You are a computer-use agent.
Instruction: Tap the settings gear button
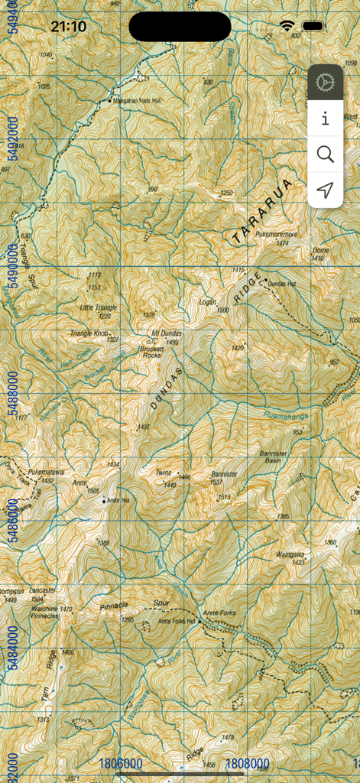coord(326,82)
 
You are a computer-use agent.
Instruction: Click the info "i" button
coord(326,119)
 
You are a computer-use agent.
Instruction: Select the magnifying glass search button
coord(326,154)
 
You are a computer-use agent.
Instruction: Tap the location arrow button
coord(326,190)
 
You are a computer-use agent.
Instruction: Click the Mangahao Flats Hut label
coord(137,100)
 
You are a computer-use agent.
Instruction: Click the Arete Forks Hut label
coord(177,621)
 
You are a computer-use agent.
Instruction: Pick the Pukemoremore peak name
coord(276,235)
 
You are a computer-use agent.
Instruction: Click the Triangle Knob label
coord(89,333)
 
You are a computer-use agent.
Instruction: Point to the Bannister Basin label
coord(273,457)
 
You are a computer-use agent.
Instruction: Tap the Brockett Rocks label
coord(150,352)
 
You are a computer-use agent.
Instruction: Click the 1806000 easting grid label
coord(121,764)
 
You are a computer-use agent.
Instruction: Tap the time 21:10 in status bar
coord(68,27)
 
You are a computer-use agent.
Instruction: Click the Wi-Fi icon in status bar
coord(287,26)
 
